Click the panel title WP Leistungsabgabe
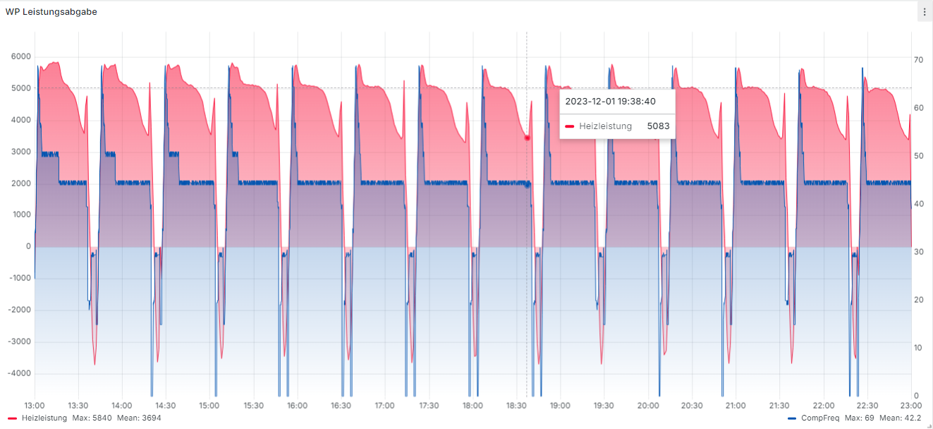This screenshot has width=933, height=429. (51, 12)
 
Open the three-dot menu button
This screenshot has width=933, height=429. (924, 12)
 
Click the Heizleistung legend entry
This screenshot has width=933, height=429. (44, 418)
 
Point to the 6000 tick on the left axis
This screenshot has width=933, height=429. (20, 56)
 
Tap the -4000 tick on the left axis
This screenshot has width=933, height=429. (18, 373)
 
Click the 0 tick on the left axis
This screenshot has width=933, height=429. (28, 246)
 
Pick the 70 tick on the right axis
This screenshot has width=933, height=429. (919, 60)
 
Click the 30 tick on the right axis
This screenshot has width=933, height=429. (919, 252)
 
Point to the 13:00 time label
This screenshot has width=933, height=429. (35, 406)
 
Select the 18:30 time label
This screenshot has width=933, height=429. (517, 406)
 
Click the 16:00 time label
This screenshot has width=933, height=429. (298, 406)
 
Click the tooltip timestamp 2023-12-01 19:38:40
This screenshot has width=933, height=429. (610, 101)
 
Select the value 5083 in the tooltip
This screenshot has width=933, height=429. (658, 126)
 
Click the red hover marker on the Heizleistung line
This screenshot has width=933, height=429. (527, 138)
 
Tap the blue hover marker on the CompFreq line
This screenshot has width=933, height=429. (527, 185)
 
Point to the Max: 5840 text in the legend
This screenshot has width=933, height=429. (92, 418)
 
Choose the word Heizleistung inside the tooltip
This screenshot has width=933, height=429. (605, 126)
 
